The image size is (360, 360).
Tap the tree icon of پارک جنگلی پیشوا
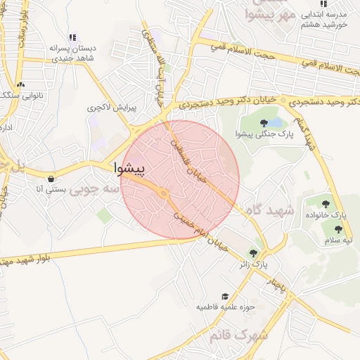264,123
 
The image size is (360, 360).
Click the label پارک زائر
254,264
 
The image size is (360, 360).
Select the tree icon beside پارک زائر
253,253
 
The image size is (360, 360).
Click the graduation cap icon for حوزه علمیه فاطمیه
225,297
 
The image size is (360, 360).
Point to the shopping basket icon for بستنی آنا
51,179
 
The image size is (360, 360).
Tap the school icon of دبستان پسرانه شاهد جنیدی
72,37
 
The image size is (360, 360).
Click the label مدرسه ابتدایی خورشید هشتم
324,18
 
